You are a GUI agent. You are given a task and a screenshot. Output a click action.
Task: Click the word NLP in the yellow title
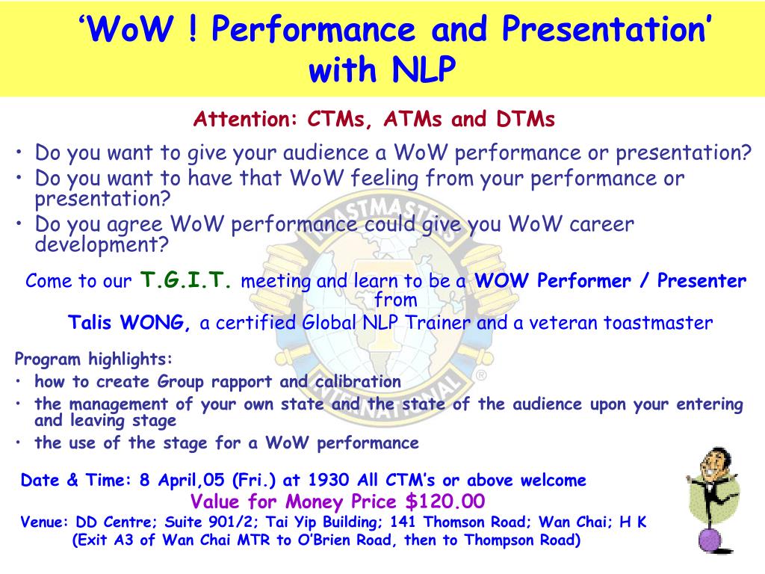coord(424,68)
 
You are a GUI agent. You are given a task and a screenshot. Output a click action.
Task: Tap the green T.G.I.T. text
coord(186,280)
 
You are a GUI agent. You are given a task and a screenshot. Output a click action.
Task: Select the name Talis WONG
coord(128,323)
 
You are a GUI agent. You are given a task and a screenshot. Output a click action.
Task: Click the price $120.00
coord(445,502)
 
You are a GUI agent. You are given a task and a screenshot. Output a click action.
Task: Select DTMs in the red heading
coord(525,119)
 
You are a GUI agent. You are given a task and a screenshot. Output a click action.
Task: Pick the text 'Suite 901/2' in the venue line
coord(210,522)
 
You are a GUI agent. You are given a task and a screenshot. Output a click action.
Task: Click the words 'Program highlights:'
coord(93,359)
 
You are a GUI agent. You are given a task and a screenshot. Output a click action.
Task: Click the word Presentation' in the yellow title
coord(606,28)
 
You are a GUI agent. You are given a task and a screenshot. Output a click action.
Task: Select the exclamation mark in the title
coord(193,28)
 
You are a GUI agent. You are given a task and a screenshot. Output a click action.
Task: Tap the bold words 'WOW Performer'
coord(552,281)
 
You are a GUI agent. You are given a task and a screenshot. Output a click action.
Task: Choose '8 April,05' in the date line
coord(182,480)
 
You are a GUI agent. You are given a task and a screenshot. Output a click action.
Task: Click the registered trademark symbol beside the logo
coord(481,375)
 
